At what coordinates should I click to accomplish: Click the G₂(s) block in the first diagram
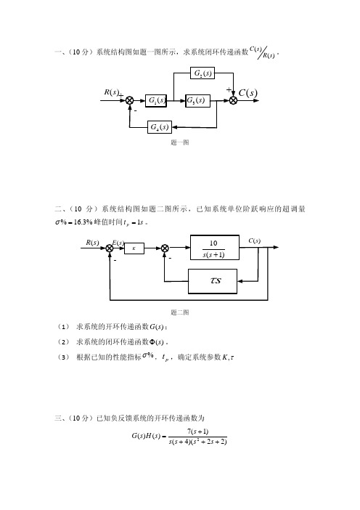[x=202, y=73]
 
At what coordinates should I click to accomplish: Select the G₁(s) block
[x=156, y=100]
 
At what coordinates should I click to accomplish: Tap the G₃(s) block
[x=197, y=100]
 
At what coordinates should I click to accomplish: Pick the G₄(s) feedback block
[x=159, y=127]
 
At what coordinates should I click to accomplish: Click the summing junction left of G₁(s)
[x=130, y=100]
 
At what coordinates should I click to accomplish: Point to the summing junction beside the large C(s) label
[x=233, y=100]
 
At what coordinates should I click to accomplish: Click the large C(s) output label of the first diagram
[x=248, y=93]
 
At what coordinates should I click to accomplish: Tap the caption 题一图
[x=180, y=142]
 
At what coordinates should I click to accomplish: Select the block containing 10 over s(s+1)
[x=215, y=248]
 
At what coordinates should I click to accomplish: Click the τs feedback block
[x=213, y=281]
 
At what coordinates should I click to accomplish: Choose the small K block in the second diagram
[x=134, y=248]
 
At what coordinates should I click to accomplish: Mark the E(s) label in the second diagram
[x=118, y=243]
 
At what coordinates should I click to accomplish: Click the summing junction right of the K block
[x=165, y=248]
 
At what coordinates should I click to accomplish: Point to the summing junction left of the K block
[x=110, y=248]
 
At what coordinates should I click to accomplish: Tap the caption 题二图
[x=180, y=312]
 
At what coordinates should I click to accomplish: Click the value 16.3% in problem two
[x=83, y=222]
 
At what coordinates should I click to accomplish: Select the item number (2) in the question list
[x=63, y=342]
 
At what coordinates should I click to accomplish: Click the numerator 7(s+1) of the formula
[x=198, y=432]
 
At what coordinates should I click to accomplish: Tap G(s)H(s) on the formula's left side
[x=146, y=436]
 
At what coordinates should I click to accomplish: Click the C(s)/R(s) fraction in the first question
[x=263, y=52]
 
